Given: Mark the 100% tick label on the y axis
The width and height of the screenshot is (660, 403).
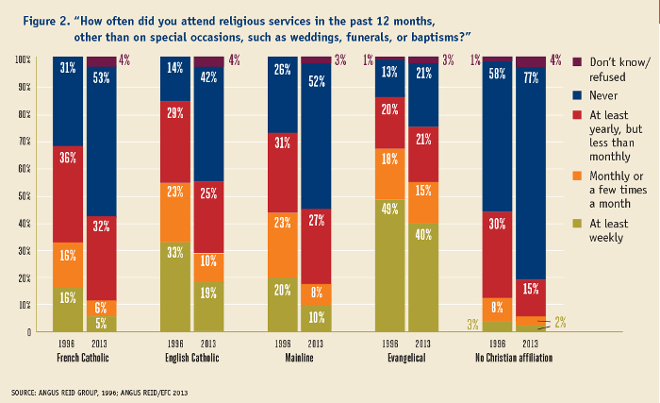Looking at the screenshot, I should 21,59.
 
